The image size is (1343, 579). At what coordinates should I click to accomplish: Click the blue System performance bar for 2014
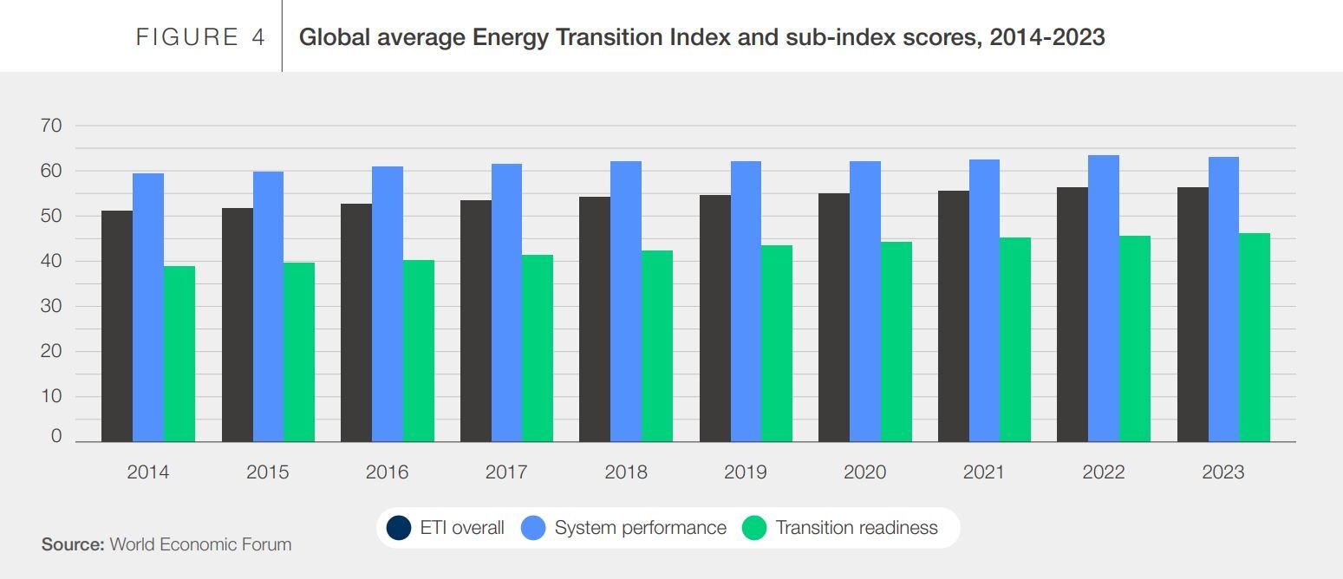coord(148,308)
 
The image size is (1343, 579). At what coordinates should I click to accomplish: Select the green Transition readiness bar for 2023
coord(1254,337)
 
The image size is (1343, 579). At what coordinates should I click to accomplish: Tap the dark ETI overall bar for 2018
coord(595,319)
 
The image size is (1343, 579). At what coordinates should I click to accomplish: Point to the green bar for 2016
coord(419,350)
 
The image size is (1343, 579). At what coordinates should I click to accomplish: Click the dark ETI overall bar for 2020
coord(834,317)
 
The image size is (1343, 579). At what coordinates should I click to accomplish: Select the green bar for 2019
coord(777,343)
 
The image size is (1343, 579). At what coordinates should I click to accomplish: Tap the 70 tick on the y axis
coord(51,126)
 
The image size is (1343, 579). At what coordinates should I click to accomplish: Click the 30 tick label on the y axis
coord(51,306)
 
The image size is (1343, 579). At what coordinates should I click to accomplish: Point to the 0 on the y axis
coord(56,436)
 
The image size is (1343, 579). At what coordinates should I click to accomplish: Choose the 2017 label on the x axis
coord(506,472)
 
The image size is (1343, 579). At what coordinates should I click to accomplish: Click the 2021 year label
coord(983,472)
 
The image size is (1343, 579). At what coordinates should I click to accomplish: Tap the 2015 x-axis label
coord(267,472)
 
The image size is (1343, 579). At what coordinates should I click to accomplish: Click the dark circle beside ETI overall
coord(399,528)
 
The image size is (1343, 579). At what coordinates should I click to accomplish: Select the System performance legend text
coord(640,528)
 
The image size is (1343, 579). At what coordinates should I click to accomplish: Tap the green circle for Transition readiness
coord(755,528)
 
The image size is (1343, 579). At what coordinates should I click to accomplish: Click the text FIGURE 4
coord(200,37)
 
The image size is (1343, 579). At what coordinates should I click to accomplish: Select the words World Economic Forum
coord(200,544)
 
